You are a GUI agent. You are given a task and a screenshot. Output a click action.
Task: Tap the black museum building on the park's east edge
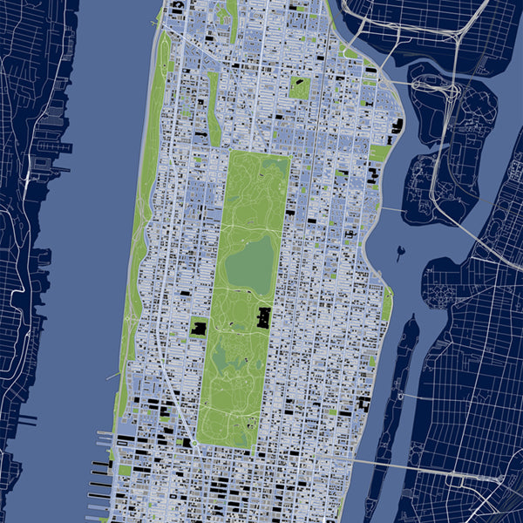click(x=263, y=318)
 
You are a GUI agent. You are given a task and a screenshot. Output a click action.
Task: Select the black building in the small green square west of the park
click(x=199, y=329)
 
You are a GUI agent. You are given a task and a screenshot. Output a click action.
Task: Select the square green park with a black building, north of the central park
click(x=300, y=87)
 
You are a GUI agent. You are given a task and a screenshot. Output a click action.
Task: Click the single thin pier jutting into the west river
click(x=112, y=377)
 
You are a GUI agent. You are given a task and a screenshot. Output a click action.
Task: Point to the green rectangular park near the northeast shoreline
click(x=380, y=153)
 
